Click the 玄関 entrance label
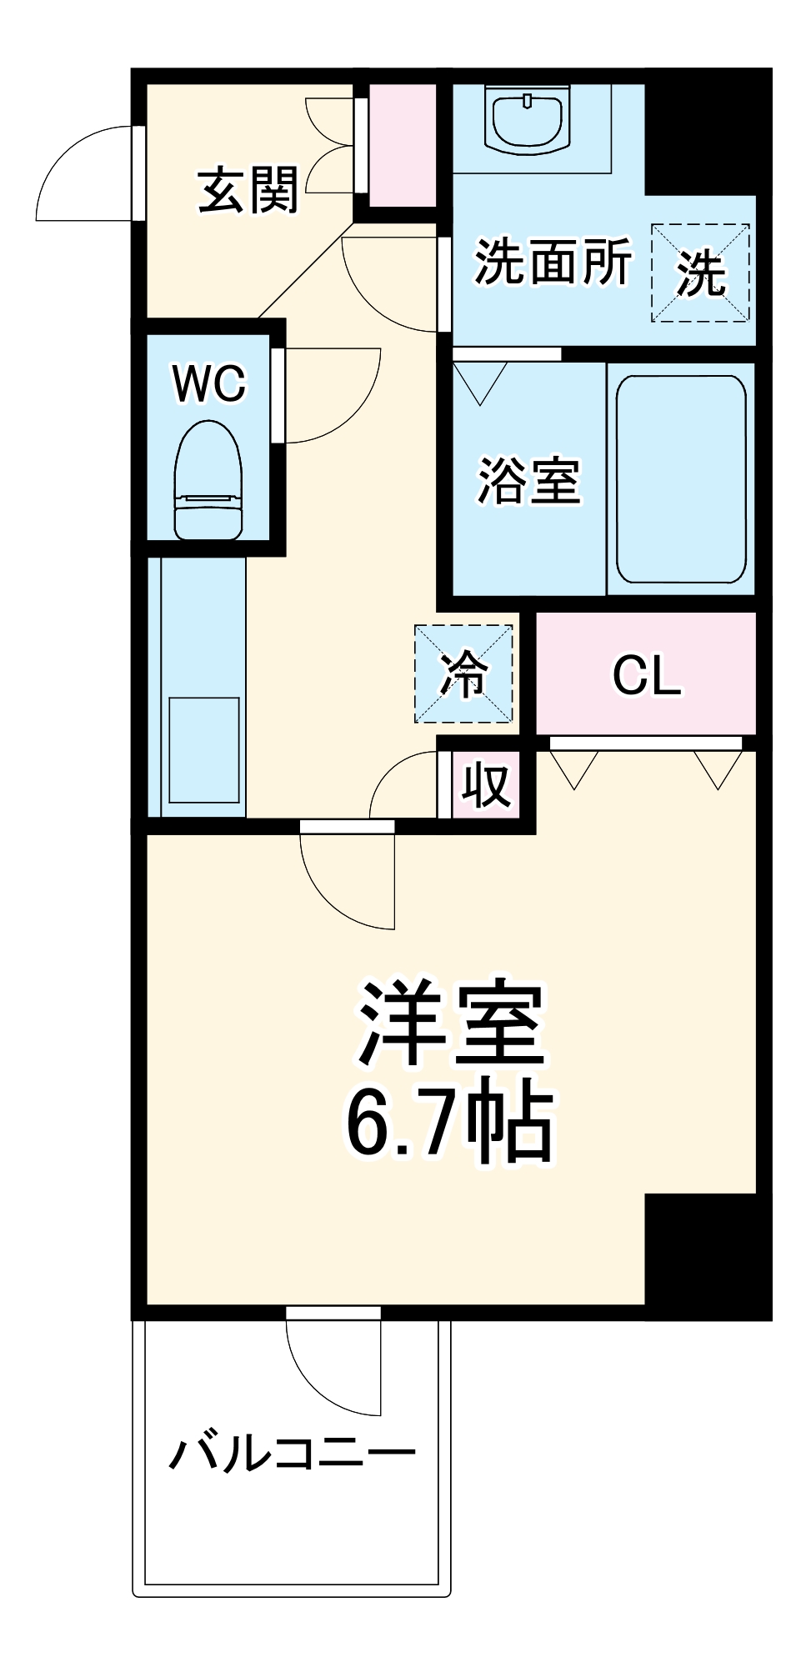click(x=248, y=191)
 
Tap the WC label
click(x=209, y=383)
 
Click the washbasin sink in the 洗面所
click(x=527, y=122)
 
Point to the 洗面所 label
click(x=553, y=262)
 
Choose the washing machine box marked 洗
click(x=700, y=273)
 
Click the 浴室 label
click(x=528, y=481)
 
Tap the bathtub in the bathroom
click(x=680, y=479)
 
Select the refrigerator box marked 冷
click(x=463, y=673)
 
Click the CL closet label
click(x=646, y=674)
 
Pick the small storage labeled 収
click(x=486, y=784)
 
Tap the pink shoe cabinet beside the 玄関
click(x=403, y=145)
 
